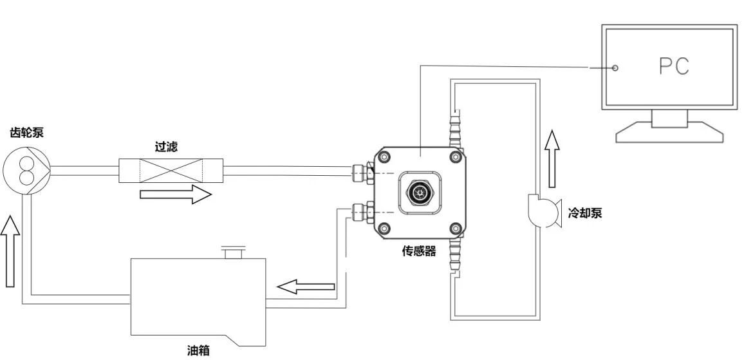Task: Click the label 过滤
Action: [167, 147]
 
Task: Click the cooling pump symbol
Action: [542, 210]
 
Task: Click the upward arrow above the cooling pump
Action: [552, 149]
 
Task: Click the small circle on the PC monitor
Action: [615, 68]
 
